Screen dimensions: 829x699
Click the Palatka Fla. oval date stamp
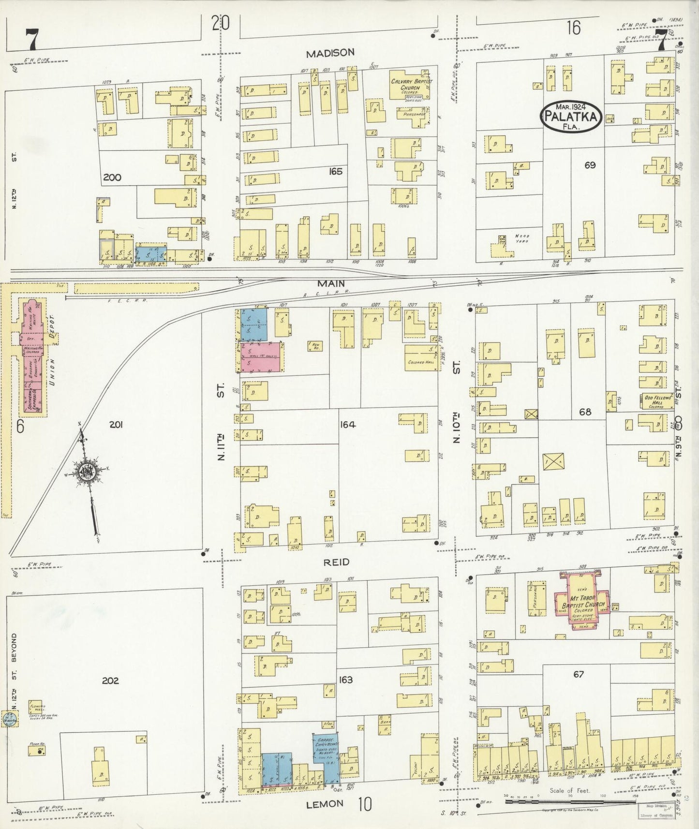[571, 116]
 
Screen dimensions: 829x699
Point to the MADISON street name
[330, 52]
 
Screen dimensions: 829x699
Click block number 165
[335, 171]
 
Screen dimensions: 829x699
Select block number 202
[110, 680]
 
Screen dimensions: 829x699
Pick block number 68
[585, 412]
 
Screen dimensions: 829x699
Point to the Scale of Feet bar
[571, 801]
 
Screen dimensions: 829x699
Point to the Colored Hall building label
[416, 362]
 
